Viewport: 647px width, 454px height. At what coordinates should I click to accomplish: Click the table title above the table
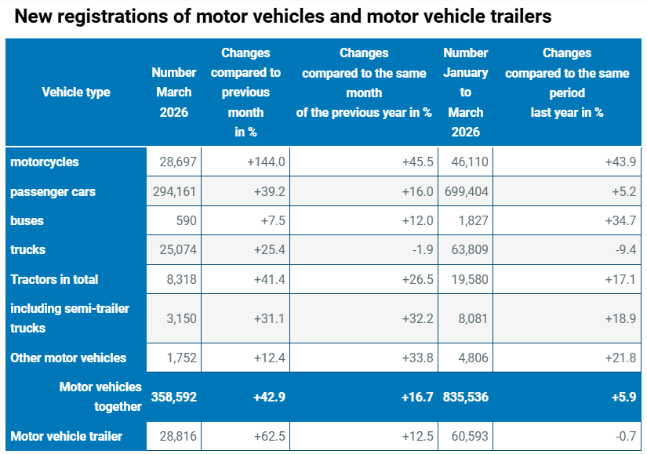click(x=283, y=16)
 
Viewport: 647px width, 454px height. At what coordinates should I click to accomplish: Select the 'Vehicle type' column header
click(x=75, y=93)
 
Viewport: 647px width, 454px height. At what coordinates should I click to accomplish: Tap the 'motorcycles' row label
click(x=45, y=162)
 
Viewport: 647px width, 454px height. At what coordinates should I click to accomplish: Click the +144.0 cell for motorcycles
click(x=265, y=162)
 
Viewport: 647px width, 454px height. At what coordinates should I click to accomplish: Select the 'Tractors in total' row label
click(x=54, y=279)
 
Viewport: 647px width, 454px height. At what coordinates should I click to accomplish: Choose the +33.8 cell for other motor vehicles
click(x=418, y=358)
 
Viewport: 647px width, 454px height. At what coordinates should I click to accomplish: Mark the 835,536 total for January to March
click(x=466, y=397)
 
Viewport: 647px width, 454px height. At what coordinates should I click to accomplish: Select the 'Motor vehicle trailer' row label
click(x=66, y=436)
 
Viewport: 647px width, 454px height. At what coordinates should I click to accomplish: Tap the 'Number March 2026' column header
click(x=174, y=93)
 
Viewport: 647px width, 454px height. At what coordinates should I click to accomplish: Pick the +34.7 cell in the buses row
click(x=621, y=221)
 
